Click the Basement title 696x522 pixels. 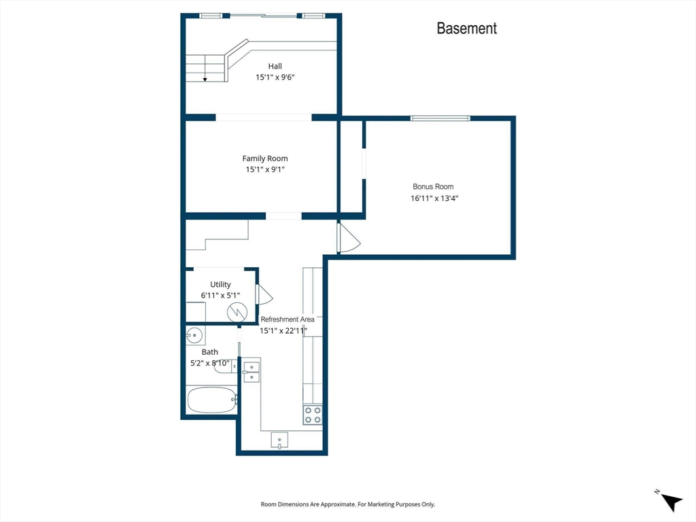[466, 29]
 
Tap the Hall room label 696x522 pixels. [275, 66]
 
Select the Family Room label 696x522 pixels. [265, 158]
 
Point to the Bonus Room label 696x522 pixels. [433, 187]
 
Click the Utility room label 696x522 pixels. [220, 285]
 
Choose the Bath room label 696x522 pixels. [210, 352]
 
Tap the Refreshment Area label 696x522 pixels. [288, 319]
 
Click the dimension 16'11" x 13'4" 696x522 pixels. [434, 198]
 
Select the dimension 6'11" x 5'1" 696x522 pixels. [220, 295]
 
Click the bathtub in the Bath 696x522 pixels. [212, 400]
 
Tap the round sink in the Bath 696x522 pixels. [194, 335]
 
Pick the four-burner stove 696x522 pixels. [313, 415]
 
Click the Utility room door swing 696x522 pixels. [264, 295]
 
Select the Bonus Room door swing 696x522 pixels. [349, 239]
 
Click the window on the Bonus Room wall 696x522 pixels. [440, 118]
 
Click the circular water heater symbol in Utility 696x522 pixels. [237, 312]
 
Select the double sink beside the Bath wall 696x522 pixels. [251, 372]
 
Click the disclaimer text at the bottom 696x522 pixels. [347, 504]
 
